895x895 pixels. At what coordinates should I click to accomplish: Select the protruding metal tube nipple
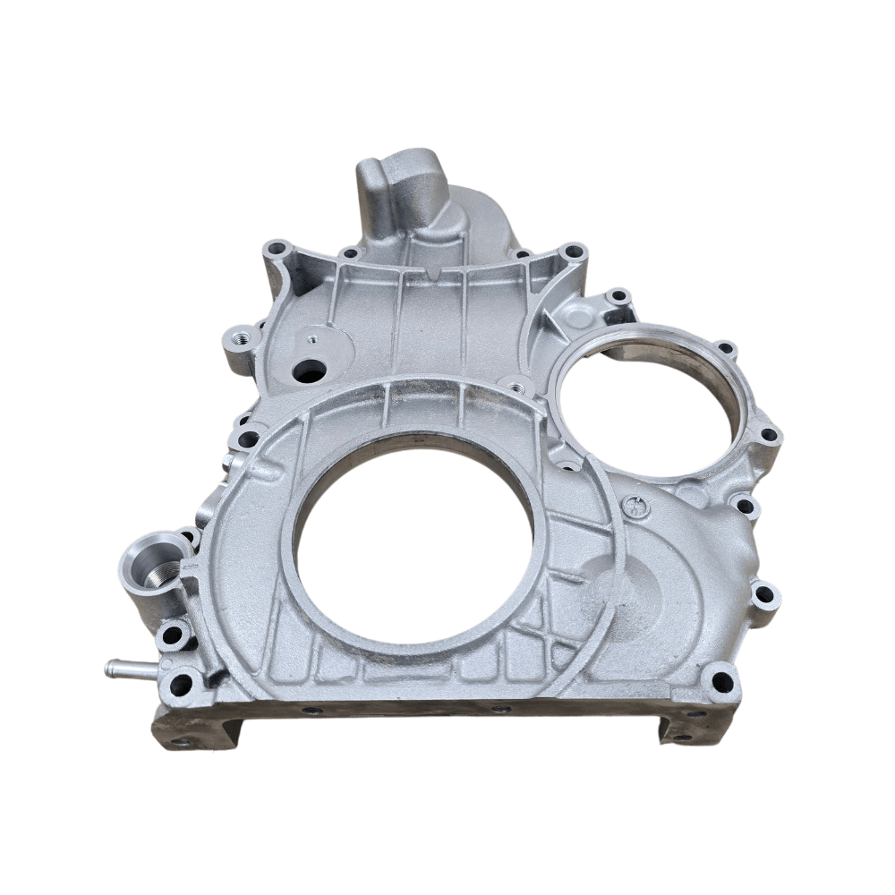point(121,667)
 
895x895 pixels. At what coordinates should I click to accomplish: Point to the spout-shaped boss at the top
point(398,192)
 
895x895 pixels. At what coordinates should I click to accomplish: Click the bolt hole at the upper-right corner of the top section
point(573,251)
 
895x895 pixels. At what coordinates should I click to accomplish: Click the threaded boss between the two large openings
point(516,388)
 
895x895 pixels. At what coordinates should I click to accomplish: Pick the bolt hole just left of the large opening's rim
point(247,439)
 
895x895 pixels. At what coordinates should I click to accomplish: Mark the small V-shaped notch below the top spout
point(432,270)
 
